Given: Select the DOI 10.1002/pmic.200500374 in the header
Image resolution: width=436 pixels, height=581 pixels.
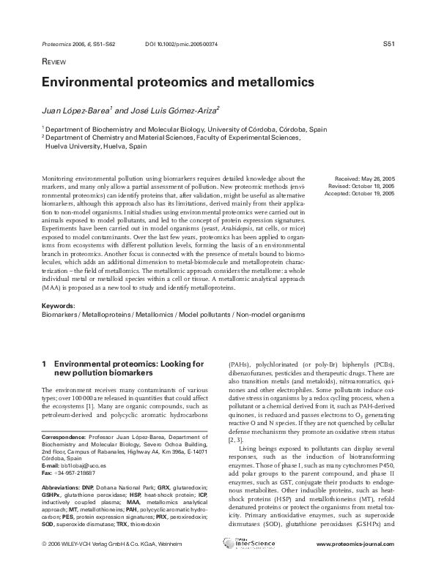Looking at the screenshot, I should point(182,45).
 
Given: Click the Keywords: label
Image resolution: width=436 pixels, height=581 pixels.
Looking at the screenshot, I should point(58,305).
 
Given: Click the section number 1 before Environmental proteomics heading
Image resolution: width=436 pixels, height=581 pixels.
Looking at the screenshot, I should point(45,364).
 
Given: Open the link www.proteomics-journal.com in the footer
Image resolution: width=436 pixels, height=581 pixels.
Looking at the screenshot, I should point(355,565).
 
